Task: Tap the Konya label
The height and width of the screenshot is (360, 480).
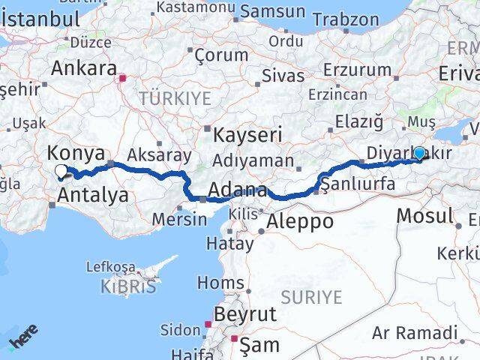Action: pos(76,154)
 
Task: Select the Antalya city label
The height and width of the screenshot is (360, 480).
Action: pos(92,196)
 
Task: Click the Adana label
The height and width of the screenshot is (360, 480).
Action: pos(238,190)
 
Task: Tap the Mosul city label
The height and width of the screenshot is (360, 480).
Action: pos(424,216)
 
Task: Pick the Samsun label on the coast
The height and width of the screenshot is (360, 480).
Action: pos(272,12)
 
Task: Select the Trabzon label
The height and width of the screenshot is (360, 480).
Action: pos(346,19)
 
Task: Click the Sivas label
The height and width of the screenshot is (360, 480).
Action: pos(283,76)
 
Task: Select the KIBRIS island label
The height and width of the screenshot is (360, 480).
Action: pos(130,286)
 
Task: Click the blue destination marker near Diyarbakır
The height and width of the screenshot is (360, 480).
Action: pos(419,154)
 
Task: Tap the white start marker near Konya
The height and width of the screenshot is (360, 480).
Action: pos(61,172)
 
